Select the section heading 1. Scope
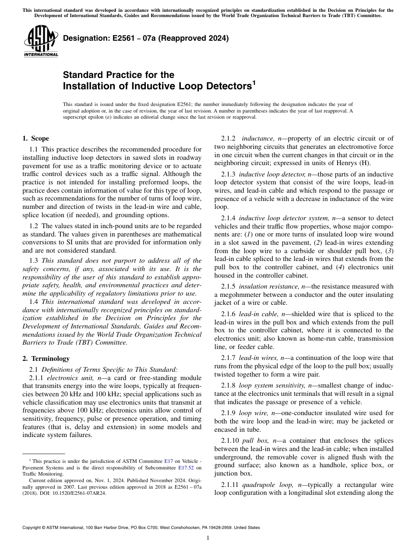(x=35, y=138)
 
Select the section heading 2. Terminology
(x=46, y=358)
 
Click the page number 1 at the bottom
(x=208, y=538)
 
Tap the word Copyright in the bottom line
(x=34, y=528)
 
